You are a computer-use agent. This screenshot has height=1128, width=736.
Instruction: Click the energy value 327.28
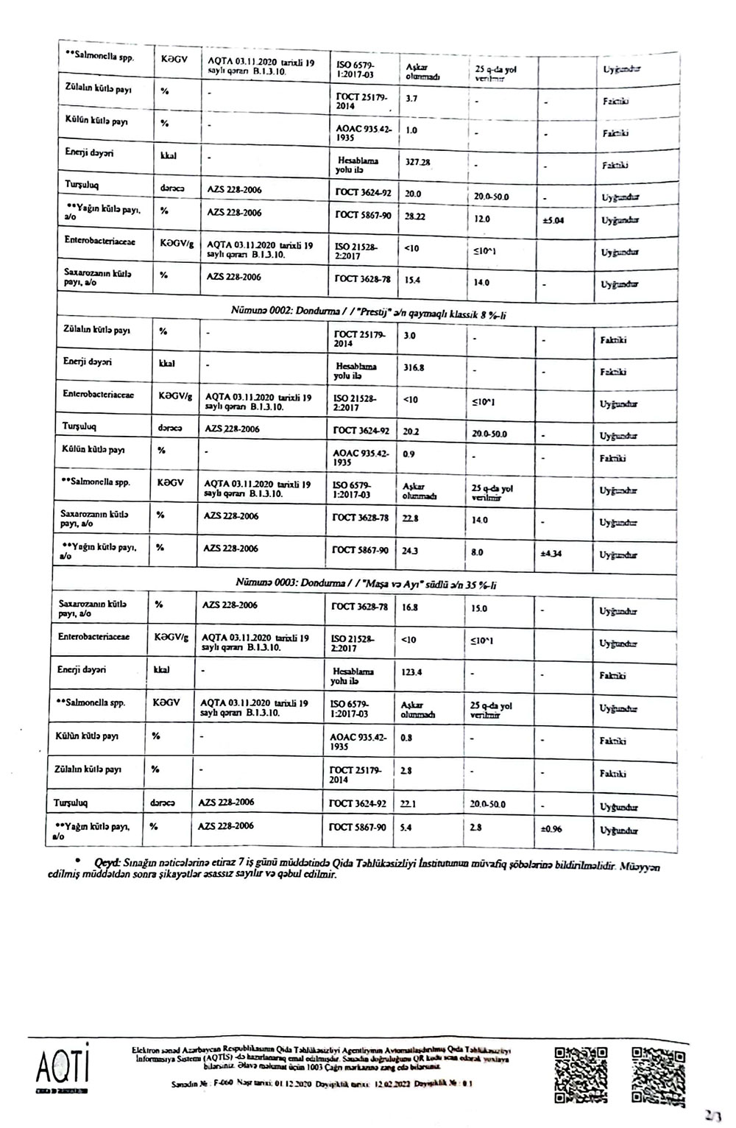[x=418, y=162]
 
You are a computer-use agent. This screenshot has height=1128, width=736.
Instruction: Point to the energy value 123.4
[x=411, y=672]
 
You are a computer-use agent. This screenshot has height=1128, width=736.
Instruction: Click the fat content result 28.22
[x=414, y=218]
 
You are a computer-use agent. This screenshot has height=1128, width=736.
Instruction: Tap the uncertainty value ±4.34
[x=551, y=554]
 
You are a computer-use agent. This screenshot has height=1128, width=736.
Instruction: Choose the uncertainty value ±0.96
[x=551, y=829]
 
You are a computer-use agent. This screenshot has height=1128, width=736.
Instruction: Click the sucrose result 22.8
[x=411, y=518]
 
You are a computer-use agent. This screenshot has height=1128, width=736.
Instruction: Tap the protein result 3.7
[x=411, y=97]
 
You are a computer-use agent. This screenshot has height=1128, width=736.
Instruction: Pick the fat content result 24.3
[x=411, y=551]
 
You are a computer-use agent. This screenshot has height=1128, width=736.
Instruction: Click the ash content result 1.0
[x=411, y=130]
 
